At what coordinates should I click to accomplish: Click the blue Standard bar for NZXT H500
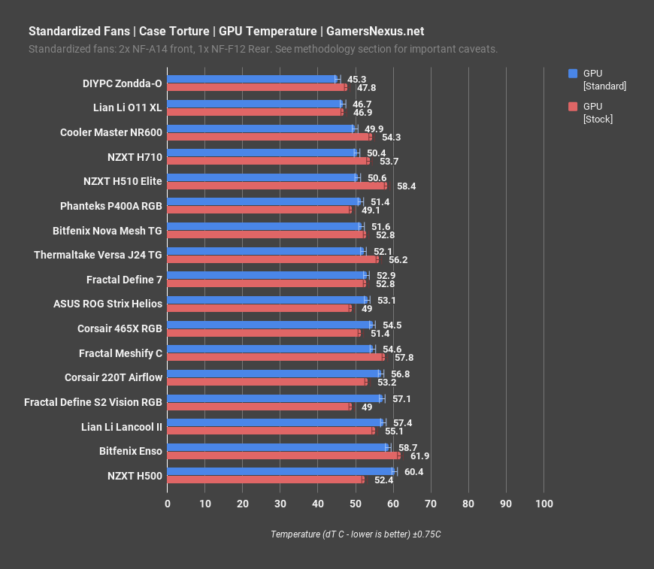coord(280,471)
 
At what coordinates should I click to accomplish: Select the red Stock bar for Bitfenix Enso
coord(283,456)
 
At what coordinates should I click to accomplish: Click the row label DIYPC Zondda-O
coord(122,83)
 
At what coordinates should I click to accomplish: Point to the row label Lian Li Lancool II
coord(122,427)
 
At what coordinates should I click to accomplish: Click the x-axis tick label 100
coord(543,504)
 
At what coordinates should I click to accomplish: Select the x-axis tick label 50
coord(355,504)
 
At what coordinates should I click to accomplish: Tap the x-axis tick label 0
coord(167,504)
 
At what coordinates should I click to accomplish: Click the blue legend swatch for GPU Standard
coord(573,73)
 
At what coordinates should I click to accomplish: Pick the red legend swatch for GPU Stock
coord(573,106)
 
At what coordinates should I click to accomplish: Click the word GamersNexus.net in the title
coord(374,31)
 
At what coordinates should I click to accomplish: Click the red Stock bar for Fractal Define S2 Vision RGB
coord(259,407)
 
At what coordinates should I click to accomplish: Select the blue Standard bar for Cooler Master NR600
coord(260,129)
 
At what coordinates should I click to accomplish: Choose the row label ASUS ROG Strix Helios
coord(107,304)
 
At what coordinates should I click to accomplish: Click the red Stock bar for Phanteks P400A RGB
coord(259,210)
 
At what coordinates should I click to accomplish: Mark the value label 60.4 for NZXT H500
coord(413,471)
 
